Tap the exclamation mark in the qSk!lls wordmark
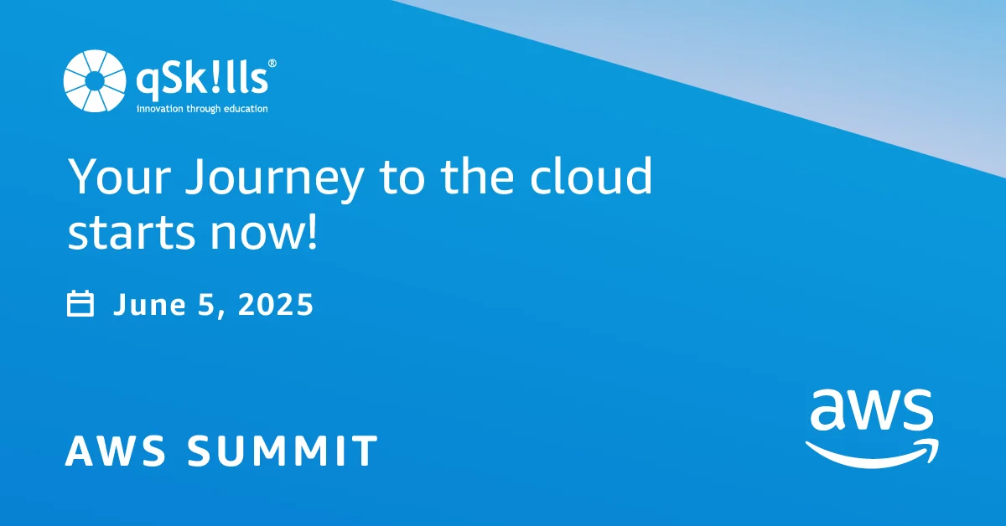[214, 81]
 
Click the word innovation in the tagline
[160, 109]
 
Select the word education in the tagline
[244, 109]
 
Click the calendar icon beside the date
[80, 304]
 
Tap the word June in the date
[142, 305]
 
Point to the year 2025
[276, 305]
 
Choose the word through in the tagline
[202, 109]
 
